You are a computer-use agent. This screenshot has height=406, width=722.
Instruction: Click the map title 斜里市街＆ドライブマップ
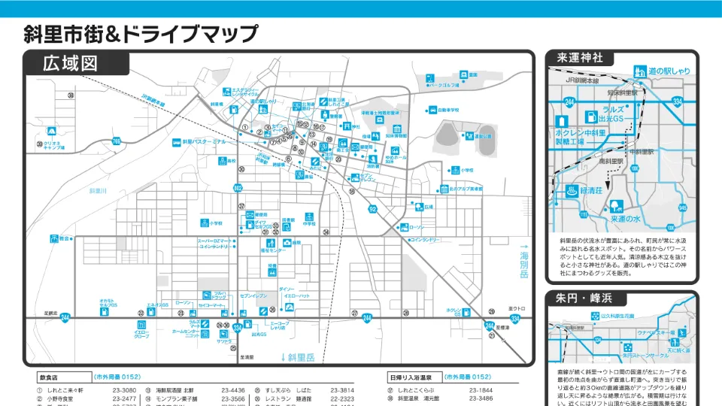141,34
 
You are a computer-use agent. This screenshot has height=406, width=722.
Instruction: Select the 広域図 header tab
71,63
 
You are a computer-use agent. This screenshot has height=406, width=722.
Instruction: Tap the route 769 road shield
116,141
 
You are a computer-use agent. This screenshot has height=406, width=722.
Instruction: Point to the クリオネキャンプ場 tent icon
38,144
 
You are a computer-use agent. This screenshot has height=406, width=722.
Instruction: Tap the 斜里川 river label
99,192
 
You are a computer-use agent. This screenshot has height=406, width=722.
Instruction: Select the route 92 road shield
372,209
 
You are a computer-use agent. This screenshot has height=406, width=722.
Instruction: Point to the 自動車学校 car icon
432,110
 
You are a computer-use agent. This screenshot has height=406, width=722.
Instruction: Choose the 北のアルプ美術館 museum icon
444,189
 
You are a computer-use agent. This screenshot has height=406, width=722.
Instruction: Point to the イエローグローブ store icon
141,324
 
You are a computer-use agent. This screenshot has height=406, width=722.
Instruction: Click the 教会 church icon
54,238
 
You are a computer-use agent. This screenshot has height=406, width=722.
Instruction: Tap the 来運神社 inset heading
580,59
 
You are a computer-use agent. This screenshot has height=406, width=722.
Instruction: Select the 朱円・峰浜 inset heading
583,298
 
